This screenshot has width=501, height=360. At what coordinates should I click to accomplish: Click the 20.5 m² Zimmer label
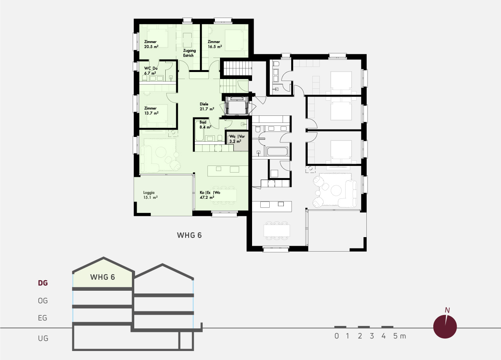click(x=151, y=44)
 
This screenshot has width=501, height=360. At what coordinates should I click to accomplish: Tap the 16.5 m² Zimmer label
click(x=215, y=44)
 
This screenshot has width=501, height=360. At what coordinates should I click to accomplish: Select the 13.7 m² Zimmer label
click(x=151, y=111)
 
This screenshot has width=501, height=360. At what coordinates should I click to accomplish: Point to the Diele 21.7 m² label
click(x=207, y=106)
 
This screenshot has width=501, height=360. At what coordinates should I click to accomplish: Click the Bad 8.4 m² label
click(x=205, y=125)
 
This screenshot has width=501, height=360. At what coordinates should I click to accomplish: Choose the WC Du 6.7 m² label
click(x=151, y=71)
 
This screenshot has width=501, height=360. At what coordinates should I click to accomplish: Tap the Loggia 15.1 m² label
click(x=150, y=195)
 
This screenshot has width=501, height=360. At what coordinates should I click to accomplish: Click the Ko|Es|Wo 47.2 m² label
click(x=210, y=195)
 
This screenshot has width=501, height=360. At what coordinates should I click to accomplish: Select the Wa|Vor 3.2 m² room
click(x=237, y=141)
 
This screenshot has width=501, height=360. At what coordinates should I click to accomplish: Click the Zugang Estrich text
click(x=189, y=53)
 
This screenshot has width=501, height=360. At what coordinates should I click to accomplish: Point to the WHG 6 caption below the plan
click(x=189, y=235)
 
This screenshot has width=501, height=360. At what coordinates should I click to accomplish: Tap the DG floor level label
click(x=43, y=283)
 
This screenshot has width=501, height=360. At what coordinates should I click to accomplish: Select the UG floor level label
click(x=43, y=338)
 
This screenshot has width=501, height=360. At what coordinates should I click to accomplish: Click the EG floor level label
click(x=43, y=318)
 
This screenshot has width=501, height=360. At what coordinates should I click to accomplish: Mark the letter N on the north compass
click(x=447, y=310)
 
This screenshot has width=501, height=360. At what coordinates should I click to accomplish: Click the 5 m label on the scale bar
click(x=400, y=336)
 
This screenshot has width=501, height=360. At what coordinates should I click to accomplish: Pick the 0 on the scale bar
click(x=337, y=336)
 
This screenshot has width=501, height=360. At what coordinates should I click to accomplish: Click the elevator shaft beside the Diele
click(x=237, y=106)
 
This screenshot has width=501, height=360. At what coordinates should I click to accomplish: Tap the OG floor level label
click(x=43, y=301)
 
